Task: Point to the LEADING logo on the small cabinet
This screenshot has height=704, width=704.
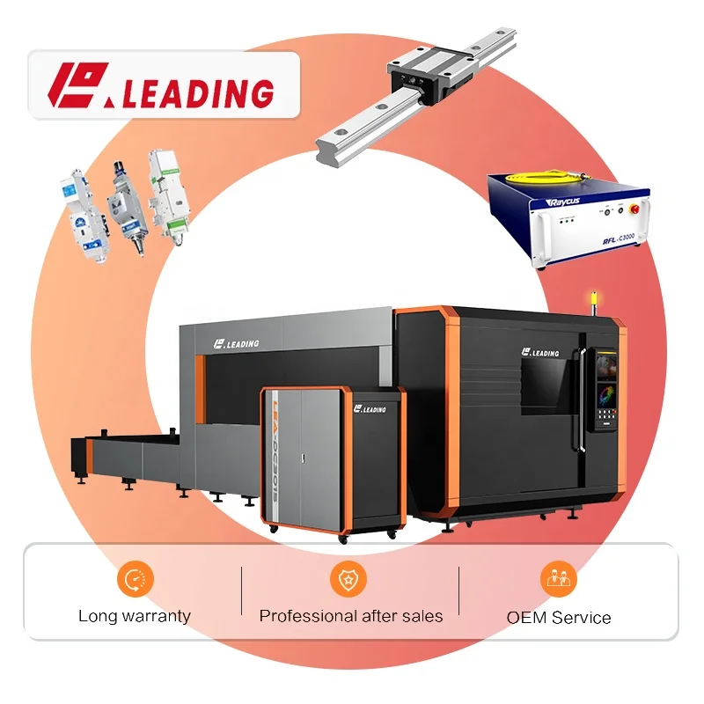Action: pos(368,409)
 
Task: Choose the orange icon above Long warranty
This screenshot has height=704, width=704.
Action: pos(135,578)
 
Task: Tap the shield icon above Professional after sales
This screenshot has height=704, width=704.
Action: pos(349,578)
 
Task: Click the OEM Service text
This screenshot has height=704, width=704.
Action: pos(558,617)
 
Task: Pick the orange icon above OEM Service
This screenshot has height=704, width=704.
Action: pos(558,578)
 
